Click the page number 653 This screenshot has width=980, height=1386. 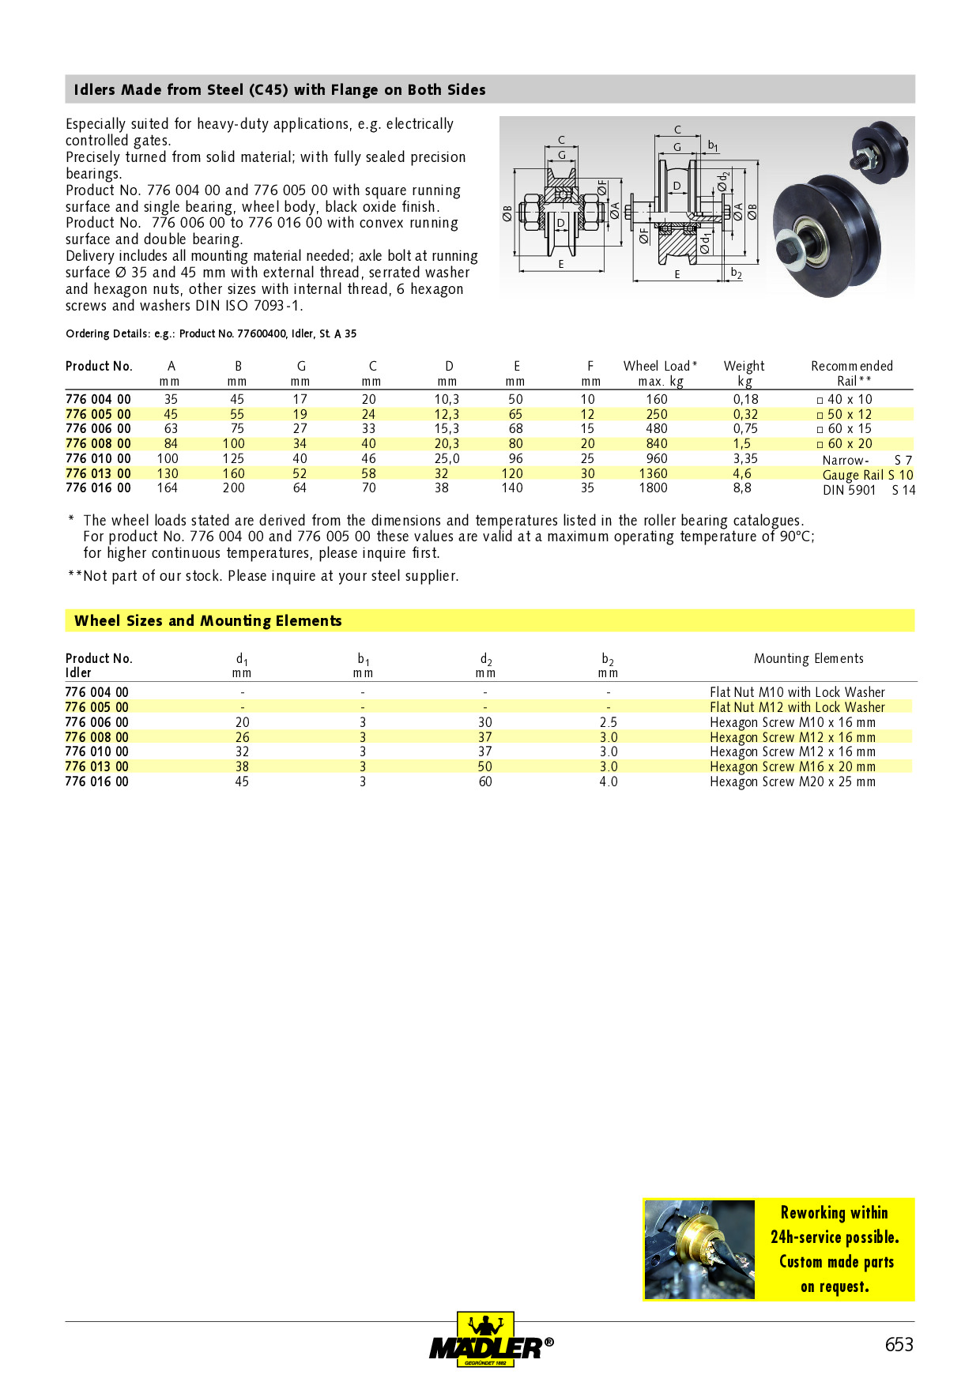(x=899, y=1344)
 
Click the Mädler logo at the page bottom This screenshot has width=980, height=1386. (x=490, y=1341)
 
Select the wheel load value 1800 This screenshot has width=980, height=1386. (x=654, y=488)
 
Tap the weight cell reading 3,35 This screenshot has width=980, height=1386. (x=745, y=458)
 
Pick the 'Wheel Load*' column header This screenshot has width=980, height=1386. (x=660, y=366)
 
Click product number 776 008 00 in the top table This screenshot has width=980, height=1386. (x=98, y=443)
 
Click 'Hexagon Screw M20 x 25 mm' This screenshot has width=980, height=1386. (x=792, y=782)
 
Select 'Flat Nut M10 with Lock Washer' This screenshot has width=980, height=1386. (x=797, y=692)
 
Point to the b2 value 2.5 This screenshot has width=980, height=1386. (x=608, y=722)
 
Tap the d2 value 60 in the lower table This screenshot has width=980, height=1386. (x=485, y=782)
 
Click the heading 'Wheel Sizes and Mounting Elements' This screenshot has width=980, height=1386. (x=208, y=621)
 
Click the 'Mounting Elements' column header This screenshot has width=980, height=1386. (x=808, y=658)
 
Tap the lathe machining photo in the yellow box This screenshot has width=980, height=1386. (x=699, y=1249)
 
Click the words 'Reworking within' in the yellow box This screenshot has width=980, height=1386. (x=834, y=1213)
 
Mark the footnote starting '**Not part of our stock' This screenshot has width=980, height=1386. (x=263, y=576)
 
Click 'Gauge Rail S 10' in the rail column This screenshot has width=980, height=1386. (x=867, y=475)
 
